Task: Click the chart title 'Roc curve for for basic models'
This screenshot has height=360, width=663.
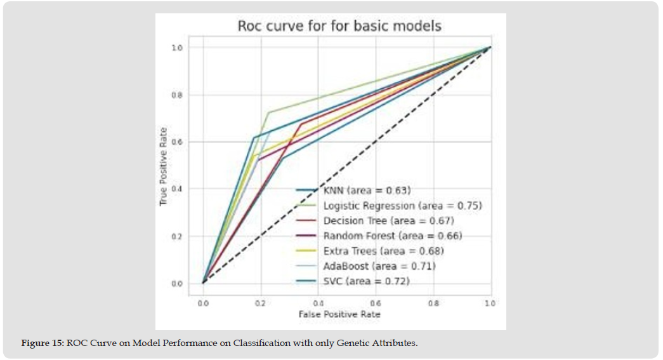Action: click(x=339, y=26)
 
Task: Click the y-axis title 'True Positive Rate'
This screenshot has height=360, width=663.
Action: click(x=163, y=164)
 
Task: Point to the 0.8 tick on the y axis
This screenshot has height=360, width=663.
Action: click(x=179, y=95)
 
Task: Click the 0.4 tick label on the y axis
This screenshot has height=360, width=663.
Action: click(x=179, y=189)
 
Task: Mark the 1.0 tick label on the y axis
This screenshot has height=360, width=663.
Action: click(x=179, y=48)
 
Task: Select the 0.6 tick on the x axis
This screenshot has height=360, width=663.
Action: click(x=375, y=303)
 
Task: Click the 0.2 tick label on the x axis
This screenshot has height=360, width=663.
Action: click(x=261, y=303)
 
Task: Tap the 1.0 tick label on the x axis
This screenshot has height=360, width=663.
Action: click(x=490, y=303)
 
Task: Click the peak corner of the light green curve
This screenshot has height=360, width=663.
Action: click(x=268, y=113)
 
